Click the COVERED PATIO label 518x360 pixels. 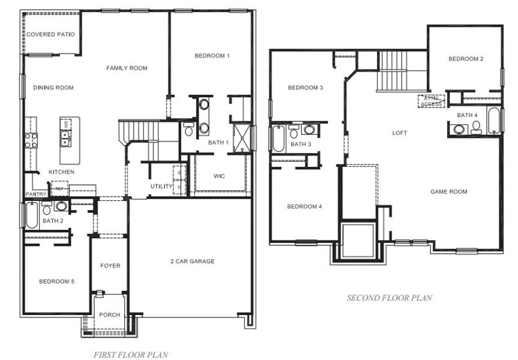50,35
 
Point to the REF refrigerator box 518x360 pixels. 60,188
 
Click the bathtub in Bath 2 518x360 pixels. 31,215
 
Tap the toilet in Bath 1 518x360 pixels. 188,129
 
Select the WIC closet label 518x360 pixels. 219,176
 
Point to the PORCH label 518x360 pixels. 110,315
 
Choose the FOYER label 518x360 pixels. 110,266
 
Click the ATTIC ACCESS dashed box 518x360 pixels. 430,101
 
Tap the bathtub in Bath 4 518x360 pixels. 493,121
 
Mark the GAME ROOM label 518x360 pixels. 448,192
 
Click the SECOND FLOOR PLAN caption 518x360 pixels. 389,298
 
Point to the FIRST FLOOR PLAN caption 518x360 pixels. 130,355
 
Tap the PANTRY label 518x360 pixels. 35,194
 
